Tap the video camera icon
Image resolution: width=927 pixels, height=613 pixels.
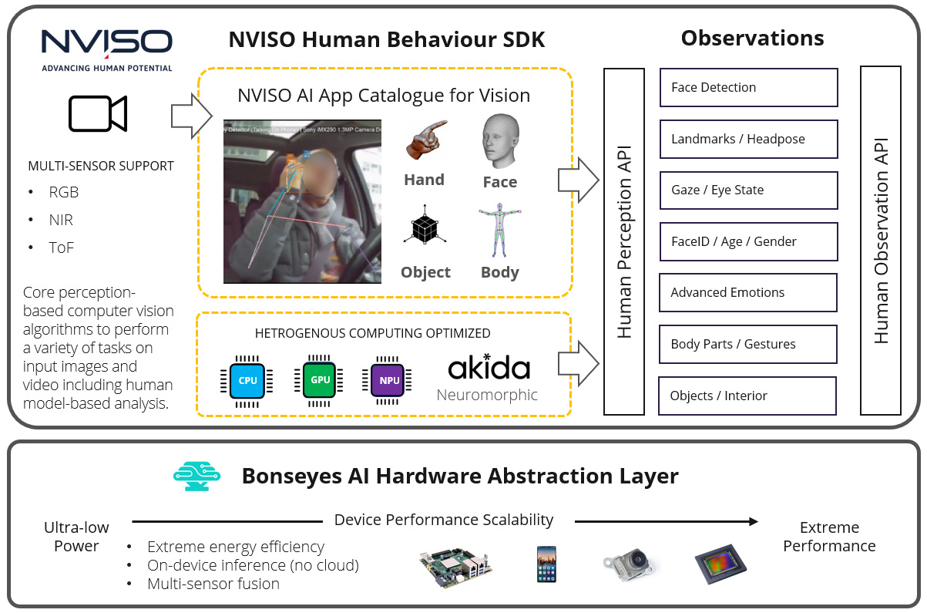click(x=98, y=114)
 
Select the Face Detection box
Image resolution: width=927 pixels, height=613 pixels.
click(x=748, y=88)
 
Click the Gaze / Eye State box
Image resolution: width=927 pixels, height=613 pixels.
click(x=748, y=190)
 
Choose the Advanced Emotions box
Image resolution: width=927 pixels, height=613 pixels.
click(x=748, y=293)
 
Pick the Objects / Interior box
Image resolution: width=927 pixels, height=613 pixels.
click(x=747, y=396)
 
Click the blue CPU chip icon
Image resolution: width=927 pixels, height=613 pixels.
click(x=247, y=380)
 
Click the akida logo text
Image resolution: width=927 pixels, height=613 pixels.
click(x=489, y=369)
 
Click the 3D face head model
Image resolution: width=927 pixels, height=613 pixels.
click(x=500, y=142)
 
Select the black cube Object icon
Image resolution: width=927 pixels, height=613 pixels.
click(x=424, y=229)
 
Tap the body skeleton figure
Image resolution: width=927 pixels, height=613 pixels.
click(x=499, y=231)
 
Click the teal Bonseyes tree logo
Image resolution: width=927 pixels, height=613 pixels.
click(x=196, y=477)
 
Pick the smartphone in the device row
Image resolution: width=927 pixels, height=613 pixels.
click(x=546, y=564)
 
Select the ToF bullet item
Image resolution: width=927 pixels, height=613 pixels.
click(x=61, y=248)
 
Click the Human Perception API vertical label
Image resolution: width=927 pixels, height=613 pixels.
click(x=624, y=241)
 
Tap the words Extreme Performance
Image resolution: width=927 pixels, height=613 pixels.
click(x=829, y=537)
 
